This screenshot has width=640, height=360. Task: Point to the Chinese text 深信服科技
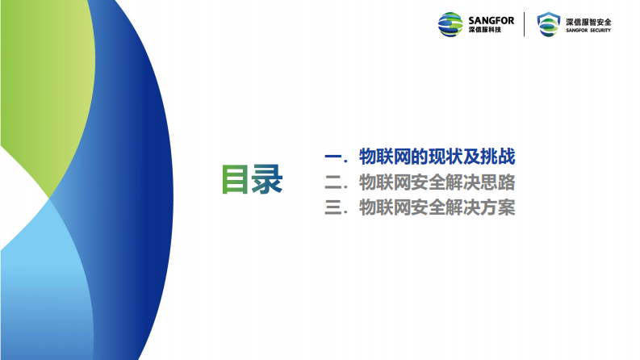point(485,31)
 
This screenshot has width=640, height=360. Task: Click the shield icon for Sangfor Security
point(549,24)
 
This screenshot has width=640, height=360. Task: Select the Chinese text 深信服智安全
point(588,20)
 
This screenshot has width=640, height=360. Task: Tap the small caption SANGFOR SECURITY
point(588,31)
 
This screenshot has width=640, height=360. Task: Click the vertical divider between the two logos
point(525,24)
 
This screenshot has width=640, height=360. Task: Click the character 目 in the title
point(236,180)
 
